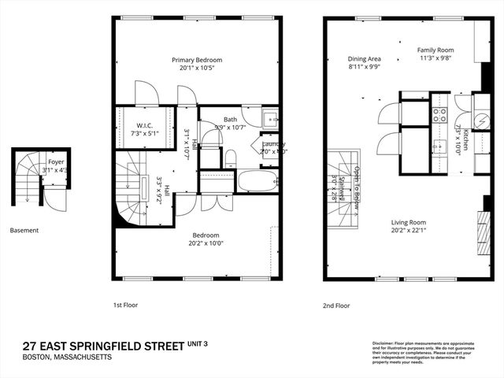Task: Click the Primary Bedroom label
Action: coord(197,60)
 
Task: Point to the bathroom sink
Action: coord(270,119)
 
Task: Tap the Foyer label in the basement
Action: coord(56,161)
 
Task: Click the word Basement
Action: coord(24,231)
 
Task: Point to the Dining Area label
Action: coord(365,58)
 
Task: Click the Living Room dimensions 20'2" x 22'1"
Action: coord(409,230)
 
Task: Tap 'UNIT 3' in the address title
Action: coord(204,343)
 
